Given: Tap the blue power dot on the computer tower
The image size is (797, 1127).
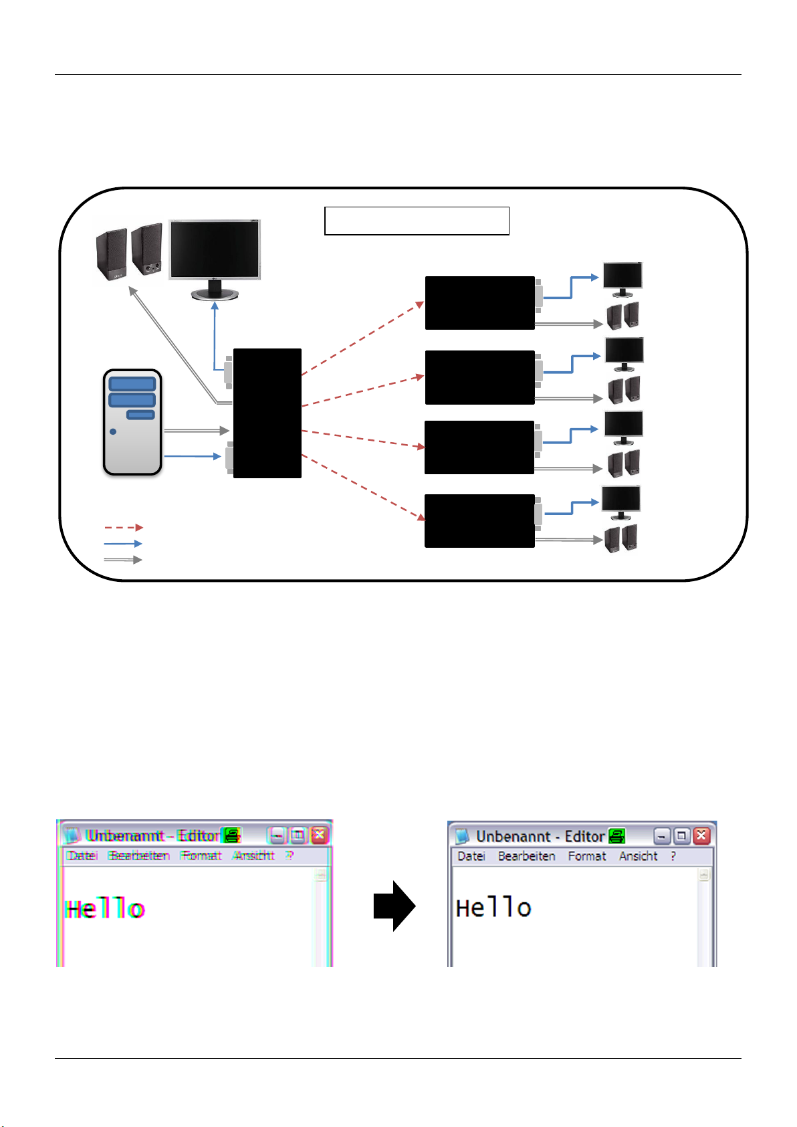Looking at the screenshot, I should point(113,431).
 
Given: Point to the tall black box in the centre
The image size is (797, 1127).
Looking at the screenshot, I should point(267,413).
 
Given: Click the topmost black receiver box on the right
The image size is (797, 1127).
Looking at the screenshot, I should point(479,302).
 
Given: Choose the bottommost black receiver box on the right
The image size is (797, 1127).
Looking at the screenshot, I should point(479,520).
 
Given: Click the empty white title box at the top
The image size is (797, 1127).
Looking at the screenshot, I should point(417,221).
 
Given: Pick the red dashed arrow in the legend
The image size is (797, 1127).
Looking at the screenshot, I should point(123,528).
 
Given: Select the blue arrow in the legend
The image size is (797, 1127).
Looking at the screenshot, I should point(123,544).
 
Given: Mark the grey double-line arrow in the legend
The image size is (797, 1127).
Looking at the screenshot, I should point(123,560).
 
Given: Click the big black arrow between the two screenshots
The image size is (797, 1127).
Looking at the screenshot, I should point(394,906).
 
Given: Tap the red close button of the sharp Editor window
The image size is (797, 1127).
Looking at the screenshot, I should point(701,835).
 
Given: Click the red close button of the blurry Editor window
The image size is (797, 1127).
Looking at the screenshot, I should point(320,835).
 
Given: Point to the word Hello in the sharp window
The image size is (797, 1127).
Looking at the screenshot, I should point(493,908).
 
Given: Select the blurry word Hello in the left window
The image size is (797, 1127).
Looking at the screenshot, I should point(105,909).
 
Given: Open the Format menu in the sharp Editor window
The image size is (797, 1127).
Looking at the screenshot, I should point(586,856).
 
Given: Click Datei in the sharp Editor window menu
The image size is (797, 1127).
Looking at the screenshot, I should point(471,856).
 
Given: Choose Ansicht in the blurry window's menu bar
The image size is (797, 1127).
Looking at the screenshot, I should point(254,855).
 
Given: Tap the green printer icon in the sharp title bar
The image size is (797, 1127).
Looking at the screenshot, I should point(616,835).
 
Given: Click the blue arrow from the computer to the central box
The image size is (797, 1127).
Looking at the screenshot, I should point(192,456).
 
